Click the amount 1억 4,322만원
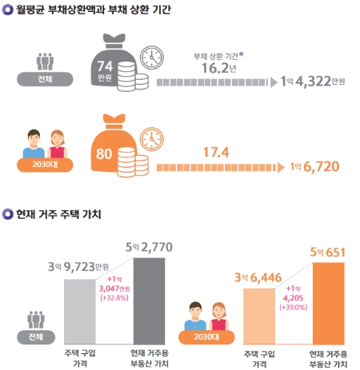(x=313, y=82)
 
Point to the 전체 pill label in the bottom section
(x=35, y=336)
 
